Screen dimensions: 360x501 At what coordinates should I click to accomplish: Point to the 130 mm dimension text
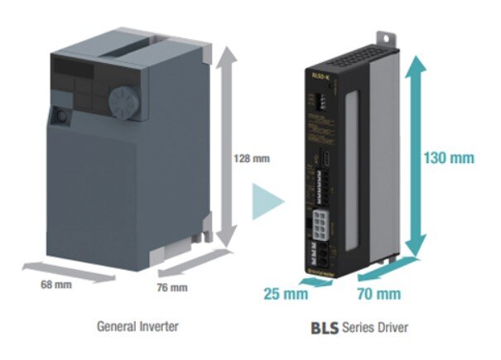pyautogui.click(x=448, y=156)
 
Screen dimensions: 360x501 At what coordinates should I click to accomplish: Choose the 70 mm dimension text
pyautogui.click(x=379, y=293)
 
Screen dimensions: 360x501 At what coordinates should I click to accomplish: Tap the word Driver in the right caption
pyautogui.click(x=389, y=328)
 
